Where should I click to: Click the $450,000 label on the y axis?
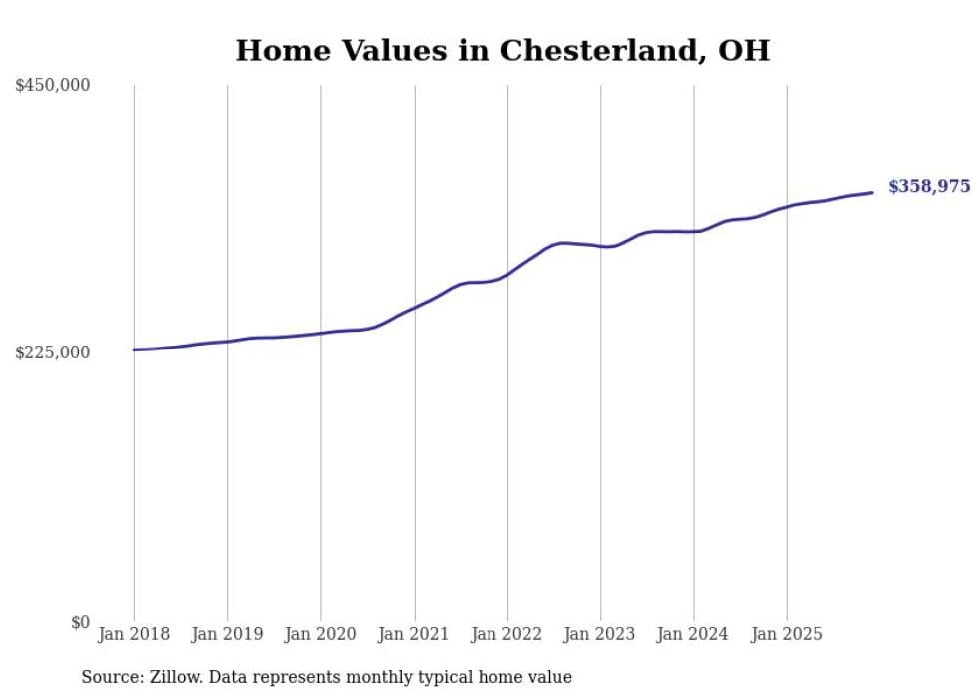click(53, 85)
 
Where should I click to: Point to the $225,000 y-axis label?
click(53, 352)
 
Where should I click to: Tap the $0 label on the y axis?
click(80, 622)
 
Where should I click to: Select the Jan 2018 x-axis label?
click(134, 634)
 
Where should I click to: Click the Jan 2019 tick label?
click(227, 634)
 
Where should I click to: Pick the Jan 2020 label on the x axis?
click(321, 634)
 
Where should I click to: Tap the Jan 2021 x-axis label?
click(414, 634)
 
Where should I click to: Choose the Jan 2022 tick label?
click(507, 634)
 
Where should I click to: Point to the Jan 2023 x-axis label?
click(600, 634)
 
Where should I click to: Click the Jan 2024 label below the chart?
click(694, 634)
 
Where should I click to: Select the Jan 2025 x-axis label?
click(787, 634)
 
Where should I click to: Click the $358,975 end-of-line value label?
click(928, 187)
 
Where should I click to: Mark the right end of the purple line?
click(872, 192)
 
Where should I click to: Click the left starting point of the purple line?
click(134, 349)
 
